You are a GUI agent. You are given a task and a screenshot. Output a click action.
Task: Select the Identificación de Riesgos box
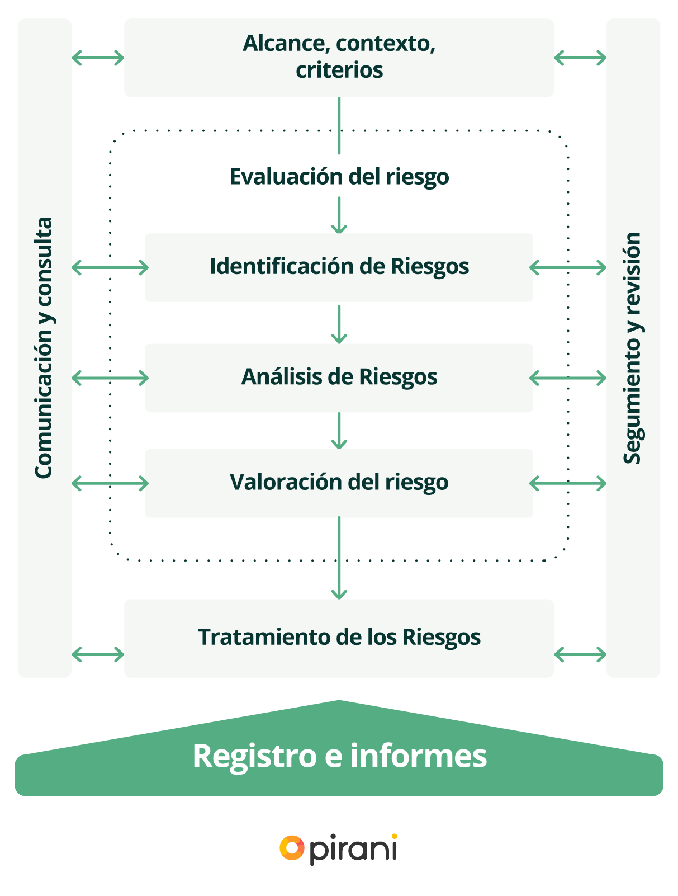coord(339,267)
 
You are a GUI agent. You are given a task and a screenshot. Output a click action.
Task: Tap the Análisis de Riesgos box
coord(339,377)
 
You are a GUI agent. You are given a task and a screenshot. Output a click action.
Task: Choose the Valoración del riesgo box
coord(339,482)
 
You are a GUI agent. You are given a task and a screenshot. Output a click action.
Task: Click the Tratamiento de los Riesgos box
coord(339,638)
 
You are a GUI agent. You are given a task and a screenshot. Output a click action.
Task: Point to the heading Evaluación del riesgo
coord(339,177)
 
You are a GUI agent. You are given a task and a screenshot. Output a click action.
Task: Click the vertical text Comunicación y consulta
coord(44,347)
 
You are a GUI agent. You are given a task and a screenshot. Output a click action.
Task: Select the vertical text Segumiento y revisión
coord(633,347)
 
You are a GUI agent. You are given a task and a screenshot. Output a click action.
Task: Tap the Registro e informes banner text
coord(339,756)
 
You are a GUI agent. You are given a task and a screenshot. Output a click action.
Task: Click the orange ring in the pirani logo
coord(292,848)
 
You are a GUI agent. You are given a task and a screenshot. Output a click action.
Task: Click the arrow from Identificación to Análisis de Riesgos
coord(339,323)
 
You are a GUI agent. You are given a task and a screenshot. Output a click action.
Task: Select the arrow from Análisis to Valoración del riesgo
coord(339,431)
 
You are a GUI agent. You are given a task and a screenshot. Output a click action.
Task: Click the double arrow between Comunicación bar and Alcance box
coord(98,57)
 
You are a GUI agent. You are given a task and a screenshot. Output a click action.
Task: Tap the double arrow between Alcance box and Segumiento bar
coord(580,57)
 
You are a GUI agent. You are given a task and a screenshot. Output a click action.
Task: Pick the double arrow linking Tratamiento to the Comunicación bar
coord(98,654)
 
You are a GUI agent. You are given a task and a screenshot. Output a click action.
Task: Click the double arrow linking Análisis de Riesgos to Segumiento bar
coord(568,378)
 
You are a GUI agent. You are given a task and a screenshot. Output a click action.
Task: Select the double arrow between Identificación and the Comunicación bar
coord(110,268)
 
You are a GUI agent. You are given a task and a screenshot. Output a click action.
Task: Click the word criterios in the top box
coord(339,70)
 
